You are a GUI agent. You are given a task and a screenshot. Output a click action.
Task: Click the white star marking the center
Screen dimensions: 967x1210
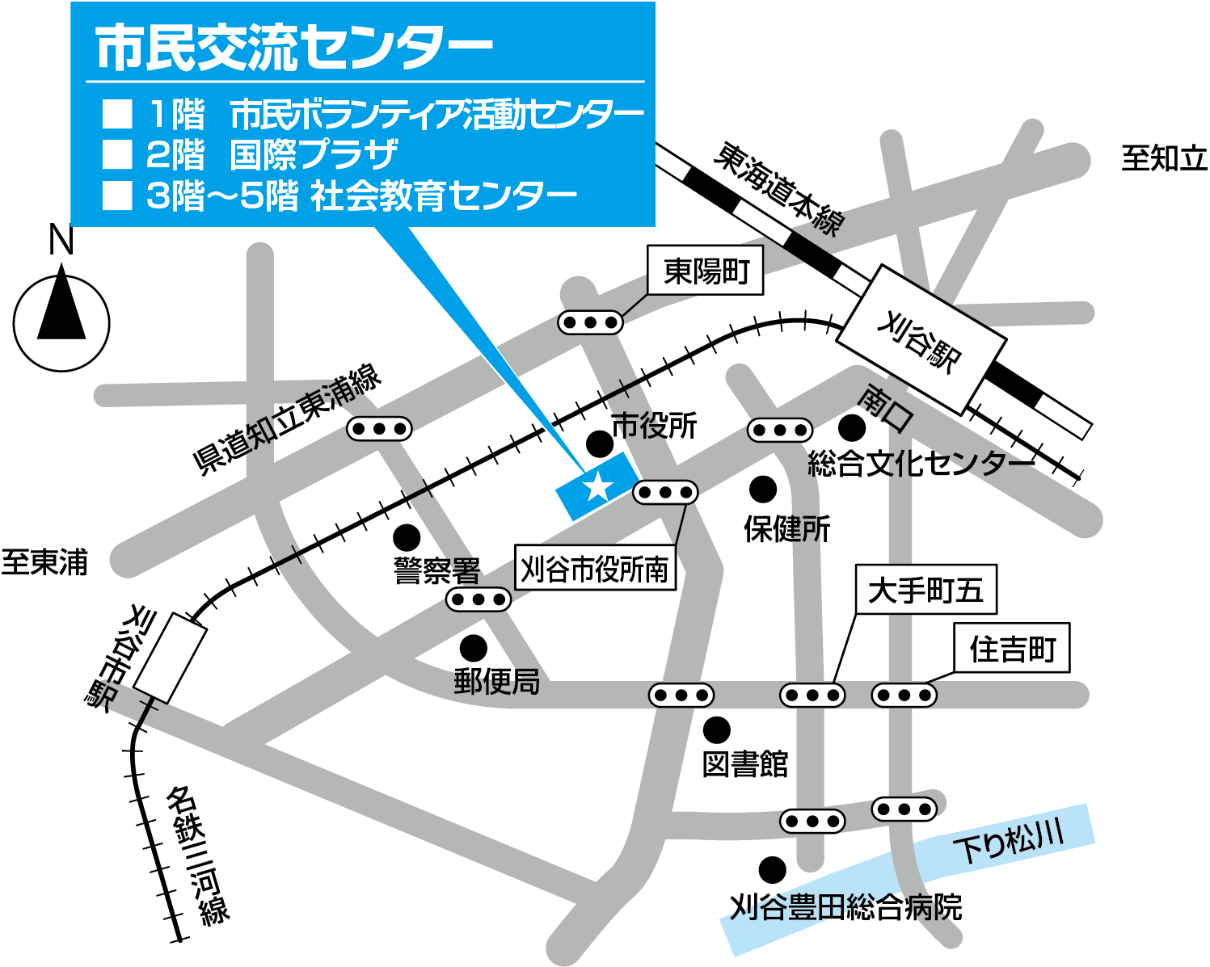click(x=597, y=486)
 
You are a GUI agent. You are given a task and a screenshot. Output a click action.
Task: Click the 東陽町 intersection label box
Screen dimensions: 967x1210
click(x=706, y=271)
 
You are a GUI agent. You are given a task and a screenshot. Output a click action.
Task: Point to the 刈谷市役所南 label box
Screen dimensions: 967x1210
click(x=595, y=569)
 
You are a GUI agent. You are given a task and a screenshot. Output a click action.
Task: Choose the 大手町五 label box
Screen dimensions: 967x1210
click(x=925, y=590)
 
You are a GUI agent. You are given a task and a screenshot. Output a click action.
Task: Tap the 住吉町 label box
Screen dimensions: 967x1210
click(x=1012, y=648)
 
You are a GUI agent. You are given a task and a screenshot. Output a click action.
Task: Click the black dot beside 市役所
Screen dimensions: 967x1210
click(x=599, y=443)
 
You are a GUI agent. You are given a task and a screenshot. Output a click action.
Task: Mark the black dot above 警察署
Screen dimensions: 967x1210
click(x=407, y=536)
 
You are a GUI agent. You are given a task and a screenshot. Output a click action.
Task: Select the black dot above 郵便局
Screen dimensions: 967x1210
click(x=473, y=647)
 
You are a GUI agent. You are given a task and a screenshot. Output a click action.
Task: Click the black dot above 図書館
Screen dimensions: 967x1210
click(x=716, y=729)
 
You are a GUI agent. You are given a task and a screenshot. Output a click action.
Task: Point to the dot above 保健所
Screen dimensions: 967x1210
click(x=763, y=489)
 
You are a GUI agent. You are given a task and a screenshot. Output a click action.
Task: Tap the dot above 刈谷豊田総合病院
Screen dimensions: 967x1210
click(x=772, y=870)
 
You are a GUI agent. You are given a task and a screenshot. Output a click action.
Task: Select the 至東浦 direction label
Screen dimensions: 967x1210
click(x=44, y=562)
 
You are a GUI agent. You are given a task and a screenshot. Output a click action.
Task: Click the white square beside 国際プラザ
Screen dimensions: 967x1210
click(x=117, y=154)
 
